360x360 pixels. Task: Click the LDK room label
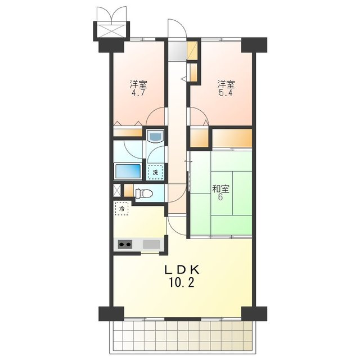click(x=182, y=270)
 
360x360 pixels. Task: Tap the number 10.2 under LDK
click(x=182, y=283)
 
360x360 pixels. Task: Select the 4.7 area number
click(x=138, y=93)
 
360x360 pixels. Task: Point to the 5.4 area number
click(x=226, y=93)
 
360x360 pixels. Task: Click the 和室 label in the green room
click(x=220, y=189)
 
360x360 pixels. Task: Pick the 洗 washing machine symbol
click(x=155, y=172)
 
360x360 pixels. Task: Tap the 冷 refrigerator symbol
click(x=121, y=209)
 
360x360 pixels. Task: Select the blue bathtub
click(x=128, y=171)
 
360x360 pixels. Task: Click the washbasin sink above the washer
click(x=155, y=137)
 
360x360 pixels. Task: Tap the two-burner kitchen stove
click(x=125, y=244)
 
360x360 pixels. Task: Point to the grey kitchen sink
click(x=151, y=244)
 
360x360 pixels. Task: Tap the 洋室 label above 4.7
click(x=138, y=84)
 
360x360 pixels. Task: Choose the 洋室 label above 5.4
click(x=226, y=84)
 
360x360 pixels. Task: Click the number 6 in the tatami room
click(x=220, y=197)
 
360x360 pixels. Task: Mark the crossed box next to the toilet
click(x=117, y=190)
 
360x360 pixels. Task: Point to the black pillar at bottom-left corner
click(x=111, y=314)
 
